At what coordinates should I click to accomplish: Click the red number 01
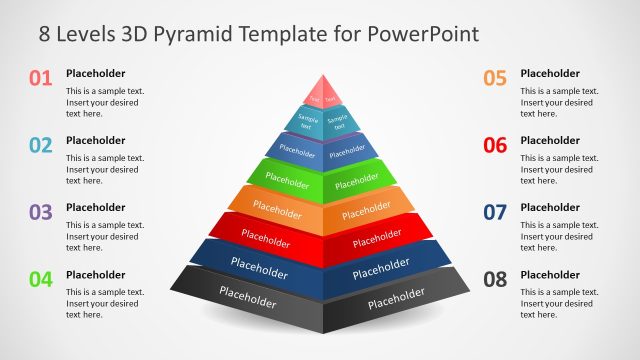[40, 77]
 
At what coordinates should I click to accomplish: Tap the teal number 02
[40, 145]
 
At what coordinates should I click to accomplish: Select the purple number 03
[40, 212]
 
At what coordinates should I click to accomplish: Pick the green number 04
[40, 279]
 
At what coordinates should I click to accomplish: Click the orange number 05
[495, 77]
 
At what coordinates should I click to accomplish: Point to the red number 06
[495, 145]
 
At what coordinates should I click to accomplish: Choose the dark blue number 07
[495, 212]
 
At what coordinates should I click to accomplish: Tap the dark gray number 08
[495, 279]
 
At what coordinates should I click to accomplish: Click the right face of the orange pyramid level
[364, 211]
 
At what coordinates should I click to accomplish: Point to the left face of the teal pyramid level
[305, 124]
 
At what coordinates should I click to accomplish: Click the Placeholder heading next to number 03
[96, 207]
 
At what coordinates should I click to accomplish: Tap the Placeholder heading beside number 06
[550, 140]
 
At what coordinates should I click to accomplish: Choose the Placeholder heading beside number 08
[550, 274]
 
